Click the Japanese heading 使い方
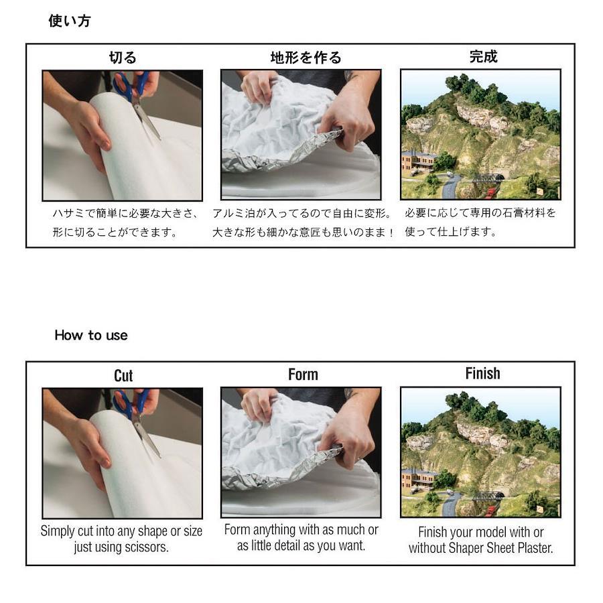coord(70,21)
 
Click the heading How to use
coord(90,335)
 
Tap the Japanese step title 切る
coord(123,58)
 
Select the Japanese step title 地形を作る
coord(306,58)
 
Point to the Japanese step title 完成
coord(483,56)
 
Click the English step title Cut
coord(123,376)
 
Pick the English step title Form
coord(303,375)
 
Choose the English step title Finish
coord(482,373)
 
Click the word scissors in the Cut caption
coord(147,547)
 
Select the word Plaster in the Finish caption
coord(535,548)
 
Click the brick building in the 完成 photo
coord(418,161)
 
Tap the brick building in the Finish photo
coord(418,479)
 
